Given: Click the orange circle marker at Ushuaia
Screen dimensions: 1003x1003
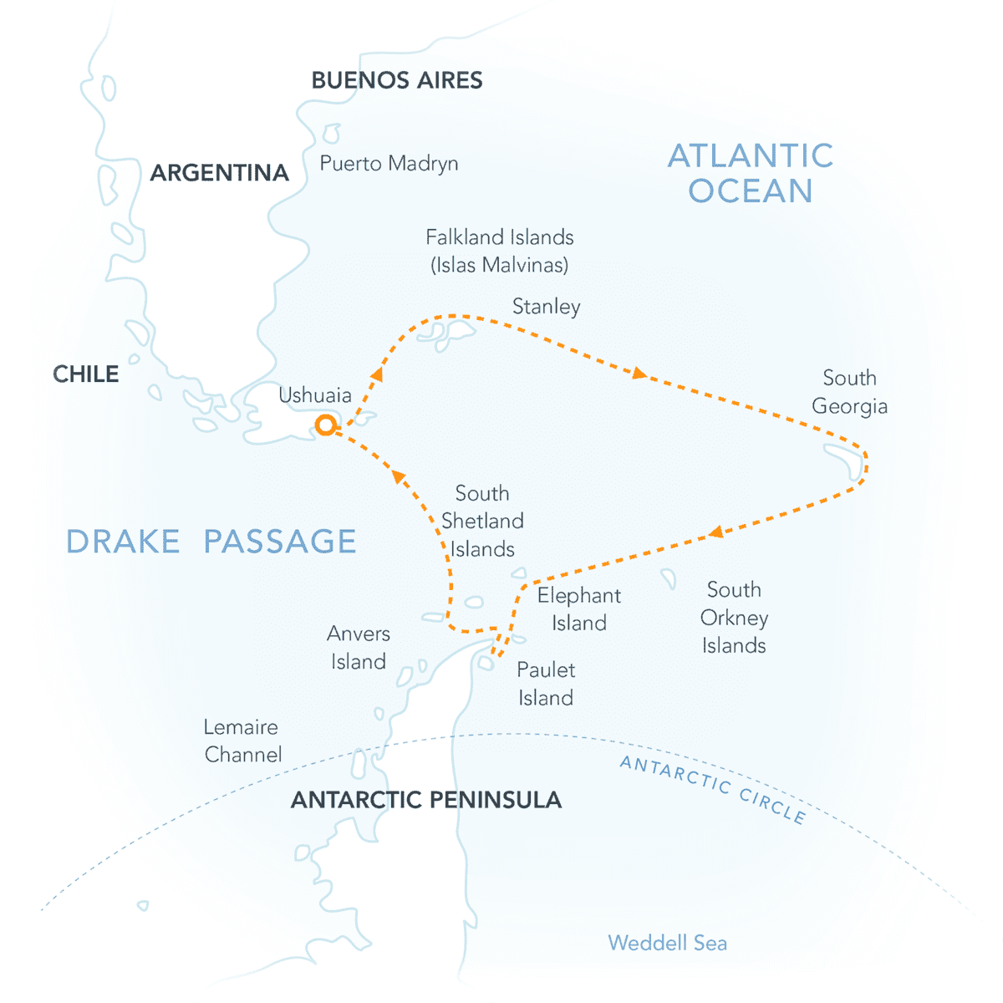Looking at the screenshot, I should point(325,425).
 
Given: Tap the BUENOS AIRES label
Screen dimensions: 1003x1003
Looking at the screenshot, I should point(397,80).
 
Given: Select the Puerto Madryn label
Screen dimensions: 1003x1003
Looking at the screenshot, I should point(389,163).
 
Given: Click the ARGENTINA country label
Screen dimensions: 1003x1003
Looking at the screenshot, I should point(219,173).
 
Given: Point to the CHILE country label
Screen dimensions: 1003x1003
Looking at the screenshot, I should point(86,374).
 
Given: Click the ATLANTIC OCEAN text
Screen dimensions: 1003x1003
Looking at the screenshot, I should point(751,173).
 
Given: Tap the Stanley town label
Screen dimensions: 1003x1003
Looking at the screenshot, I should point(546,307).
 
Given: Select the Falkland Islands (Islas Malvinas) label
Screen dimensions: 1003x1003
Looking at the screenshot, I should point(500,251).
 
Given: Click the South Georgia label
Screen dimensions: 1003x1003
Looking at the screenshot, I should point(849,392).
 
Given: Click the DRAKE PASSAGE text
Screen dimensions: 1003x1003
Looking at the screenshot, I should point(211,542).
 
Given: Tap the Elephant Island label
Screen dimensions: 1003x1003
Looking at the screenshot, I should point(578,609).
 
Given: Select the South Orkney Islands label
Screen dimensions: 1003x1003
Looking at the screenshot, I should point(734,618).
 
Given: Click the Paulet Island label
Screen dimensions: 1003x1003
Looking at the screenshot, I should point(546,684).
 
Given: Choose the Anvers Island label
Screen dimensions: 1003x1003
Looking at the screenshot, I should point(359,648).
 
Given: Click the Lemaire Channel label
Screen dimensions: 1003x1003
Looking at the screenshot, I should point(242,741).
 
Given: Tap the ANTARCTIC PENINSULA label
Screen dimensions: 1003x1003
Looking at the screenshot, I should point(426,800).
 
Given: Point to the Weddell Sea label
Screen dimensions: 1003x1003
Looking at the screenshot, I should point(667,943).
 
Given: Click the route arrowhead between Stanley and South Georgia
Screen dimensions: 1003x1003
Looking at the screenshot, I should point(639,374).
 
